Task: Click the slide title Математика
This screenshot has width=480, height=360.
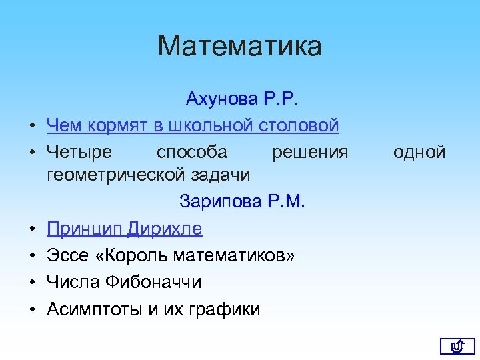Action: coord(240,46)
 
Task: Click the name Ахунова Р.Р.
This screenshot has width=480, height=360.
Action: coord(243,99)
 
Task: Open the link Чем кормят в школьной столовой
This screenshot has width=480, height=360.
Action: coord(193,125)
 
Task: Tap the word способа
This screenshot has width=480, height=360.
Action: coord(191,152)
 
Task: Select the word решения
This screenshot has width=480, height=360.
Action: coord(310,152)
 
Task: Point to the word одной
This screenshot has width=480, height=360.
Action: coord(419,152)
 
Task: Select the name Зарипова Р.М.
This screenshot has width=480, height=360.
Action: coord(242,202)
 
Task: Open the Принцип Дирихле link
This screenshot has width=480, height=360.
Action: coord(124,229)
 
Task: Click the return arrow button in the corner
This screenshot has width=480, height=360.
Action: coord(457,345)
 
